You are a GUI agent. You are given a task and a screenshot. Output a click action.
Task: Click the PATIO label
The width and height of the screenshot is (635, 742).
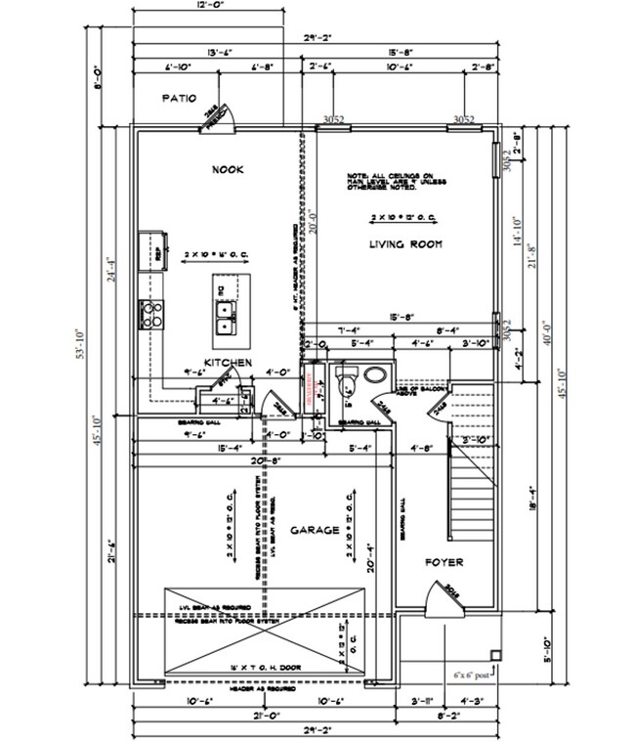click(180, 98)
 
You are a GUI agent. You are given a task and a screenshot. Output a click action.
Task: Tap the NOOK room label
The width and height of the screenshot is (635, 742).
click(227, 169)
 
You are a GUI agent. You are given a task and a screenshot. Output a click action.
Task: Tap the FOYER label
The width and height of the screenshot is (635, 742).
click(443, 562)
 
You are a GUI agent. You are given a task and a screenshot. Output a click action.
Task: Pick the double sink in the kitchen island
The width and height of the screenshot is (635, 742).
click(226, 314)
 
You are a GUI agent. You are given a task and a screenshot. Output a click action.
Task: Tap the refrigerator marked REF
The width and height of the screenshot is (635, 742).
click(152, 249)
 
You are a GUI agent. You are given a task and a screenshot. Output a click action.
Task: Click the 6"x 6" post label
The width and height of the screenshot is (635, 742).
click(475, 674)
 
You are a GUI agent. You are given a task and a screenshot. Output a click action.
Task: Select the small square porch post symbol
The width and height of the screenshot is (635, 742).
click(495, 655)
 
